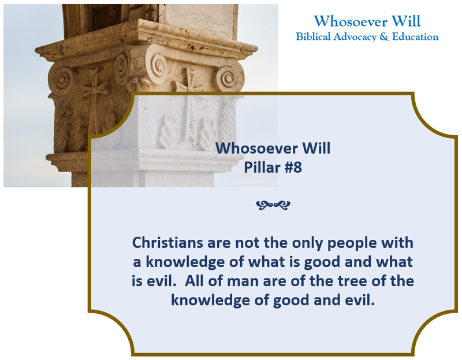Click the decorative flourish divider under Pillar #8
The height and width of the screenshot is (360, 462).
coord(273,205)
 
